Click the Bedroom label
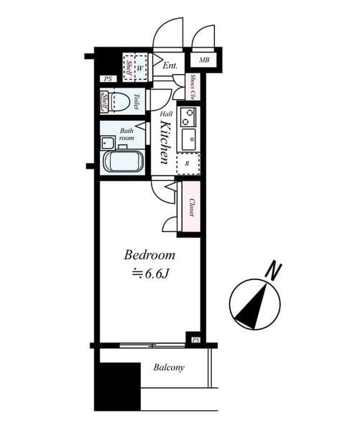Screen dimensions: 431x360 click(x=150, y=256)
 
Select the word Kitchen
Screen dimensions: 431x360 click(x=164, y=142)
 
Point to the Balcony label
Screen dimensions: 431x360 click(x=169, y=368)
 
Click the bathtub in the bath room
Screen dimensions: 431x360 click(x=125, y=161)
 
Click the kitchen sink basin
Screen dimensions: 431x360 click(x=188, y=139)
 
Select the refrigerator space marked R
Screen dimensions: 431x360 click(x=188, y=164)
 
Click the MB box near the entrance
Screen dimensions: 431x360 click(x=204, y=60)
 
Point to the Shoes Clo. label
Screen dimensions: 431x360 click(x=193, y=87)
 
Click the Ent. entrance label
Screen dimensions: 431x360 click(x=170, y=66)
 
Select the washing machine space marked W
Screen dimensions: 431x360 click(x=141, y=68)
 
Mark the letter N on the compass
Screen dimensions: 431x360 click(x=272, y=272)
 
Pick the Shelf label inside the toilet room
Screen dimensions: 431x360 click(x=106, y=101)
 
